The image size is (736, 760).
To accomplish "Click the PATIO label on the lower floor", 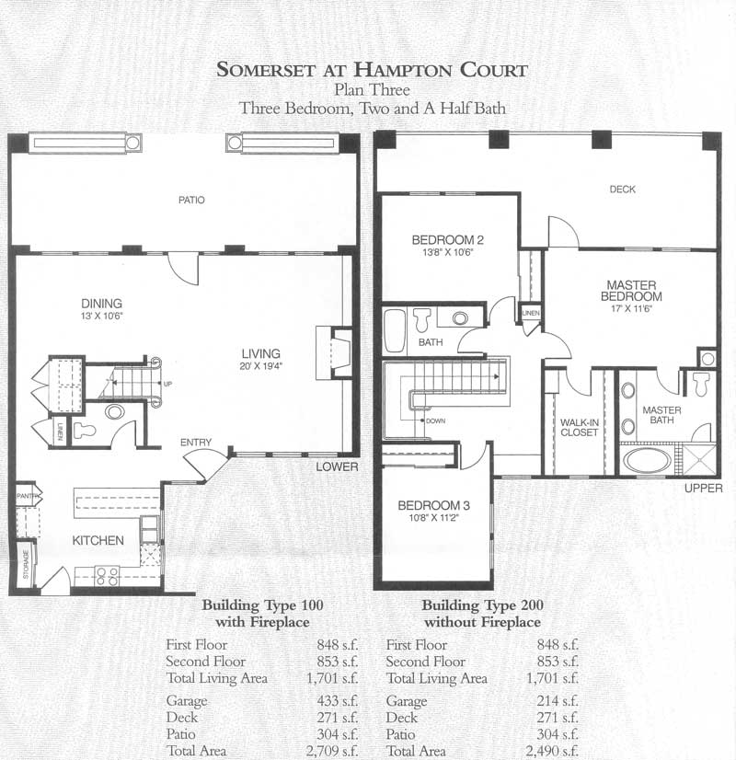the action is click(191, 200).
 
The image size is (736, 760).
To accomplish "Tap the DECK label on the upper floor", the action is click(622, 189).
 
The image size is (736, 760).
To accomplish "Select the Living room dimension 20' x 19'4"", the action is click(260, 366).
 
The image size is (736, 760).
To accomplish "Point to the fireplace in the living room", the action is click(334, 352).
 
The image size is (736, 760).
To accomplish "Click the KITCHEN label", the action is click(98, 540).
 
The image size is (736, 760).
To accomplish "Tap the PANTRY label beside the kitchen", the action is click(28, 496).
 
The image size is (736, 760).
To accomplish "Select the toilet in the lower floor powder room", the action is click(85, 431).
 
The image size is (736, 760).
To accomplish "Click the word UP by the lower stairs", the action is click(167, 384).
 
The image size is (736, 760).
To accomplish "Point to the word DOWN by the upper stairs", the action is click(435, 420).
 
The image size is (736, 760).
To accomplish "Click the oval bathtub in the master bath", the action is click(647, 460).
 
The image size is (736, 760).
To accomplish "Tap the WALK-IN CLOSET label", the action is click(580, 427).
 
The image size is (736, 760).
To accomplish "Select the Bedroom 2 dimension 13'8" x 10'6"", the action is click(447, 252).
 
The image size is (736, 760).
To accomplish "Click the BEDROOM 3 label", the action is click(433, 505).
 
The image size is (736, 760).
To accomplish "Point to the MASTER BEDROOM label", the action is click(631, 291).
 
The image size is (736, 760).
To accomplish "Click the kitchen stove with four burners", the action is click(107, 576).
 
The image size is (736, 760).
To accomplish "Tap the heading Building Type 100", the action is click(262, 605).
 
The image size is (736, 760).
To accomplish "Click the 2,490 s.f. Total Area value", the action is click(552, 751).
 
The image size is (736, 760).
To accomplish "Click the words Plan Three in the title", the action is click(372, 89).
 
